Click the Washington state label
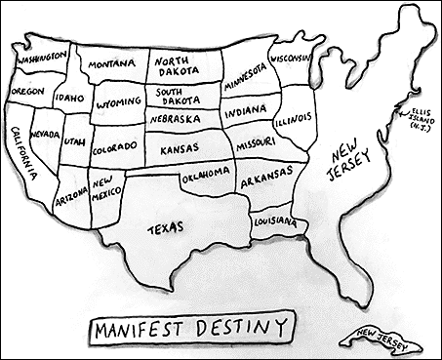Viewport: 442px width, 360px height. pyautogui.click(x=40, y=56)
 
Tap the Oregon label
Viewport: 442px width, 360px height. pyautogui.click(x=27, y=91)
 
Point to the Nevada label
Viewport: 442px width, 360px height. pyautogui.click(x=45, y=132)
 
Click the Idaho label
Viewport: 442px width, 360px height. pyautogui.click(x=69, y=98)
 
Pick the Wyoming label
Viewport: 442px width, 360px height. pyautogui.click(x=120, y=102)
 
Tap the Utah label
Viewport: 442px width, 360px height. pyautogui.click(x=75, y=143)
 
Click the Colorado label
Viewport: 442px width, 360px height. pyautogui.click(x=115, y=150)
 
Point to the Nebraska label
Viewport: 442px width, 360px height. pyautogui.click(x=177, y=118)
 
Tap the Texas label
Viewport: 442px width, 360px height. pyautogui.click(x=166, y=229)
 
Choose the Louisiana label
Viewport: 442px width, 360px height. pyautogui.click(x=274, y=223)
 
